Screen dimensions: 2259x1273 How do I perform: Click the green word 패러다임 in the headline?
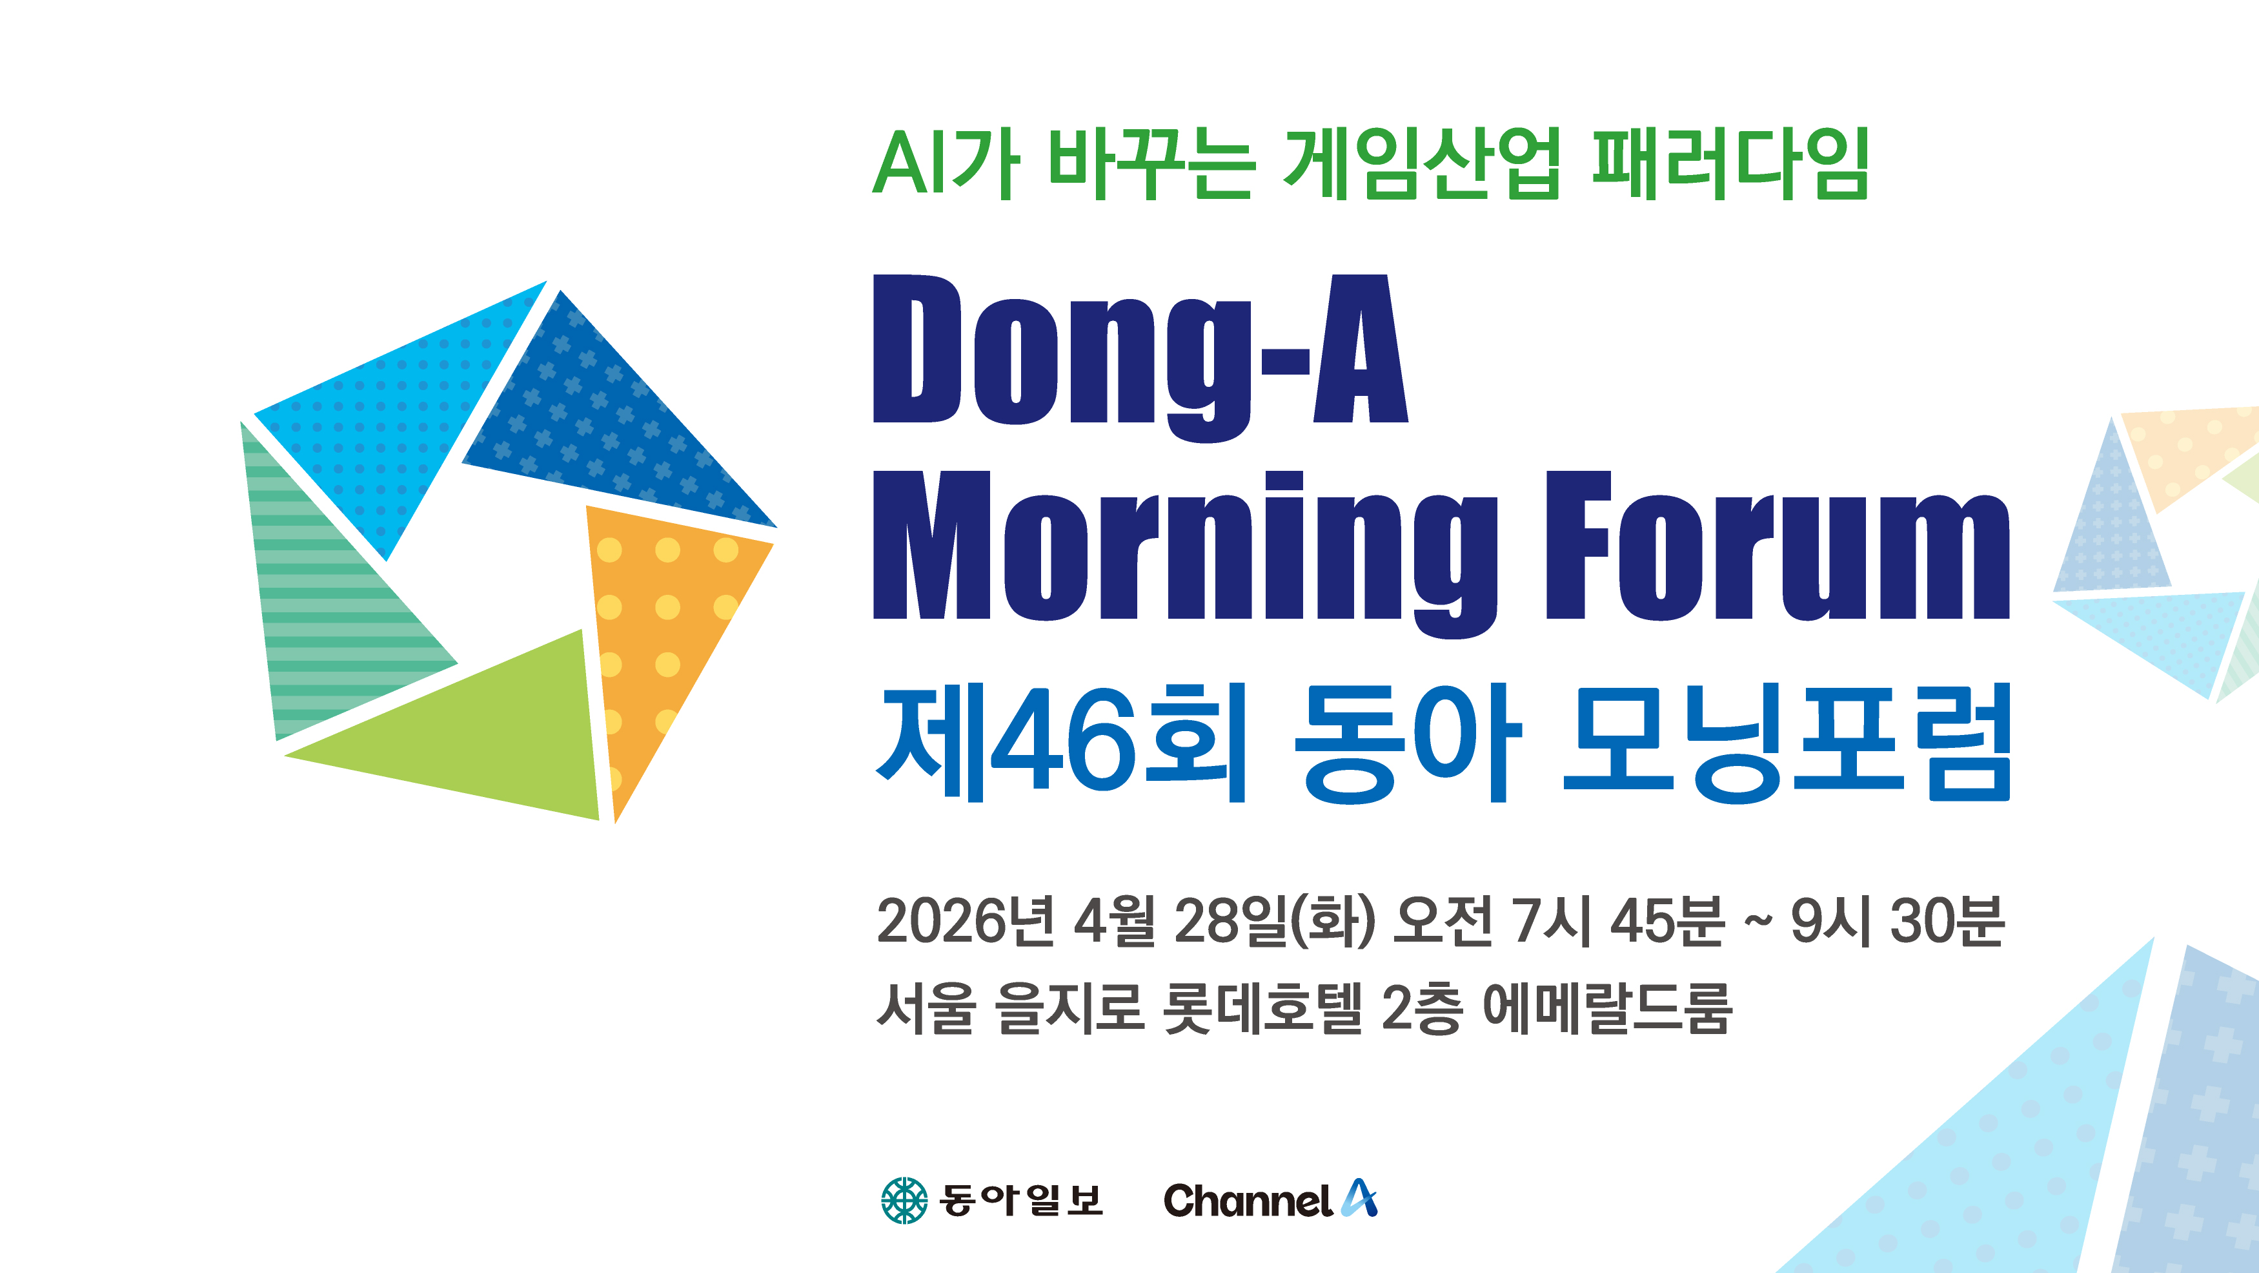click(1730, 163)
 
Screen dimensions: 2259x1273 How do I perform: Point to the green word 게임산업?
click(1421, 163)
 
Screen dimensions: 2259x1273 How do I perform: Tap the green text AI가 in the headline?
click(946, 163)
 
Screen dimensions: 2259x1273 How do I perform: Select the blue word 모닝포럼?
click(1787, 742)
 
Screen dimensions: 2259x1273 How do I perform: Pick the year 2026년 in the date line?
click(966, 921)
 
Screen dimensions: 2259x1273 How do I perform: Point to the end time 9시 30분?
click(1898, 921)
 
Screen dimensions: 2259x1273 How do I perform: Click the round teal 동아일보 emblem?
click(904, 1200)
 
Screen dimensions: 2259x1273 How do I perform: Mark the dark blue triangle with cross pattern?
click(605, 430)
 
